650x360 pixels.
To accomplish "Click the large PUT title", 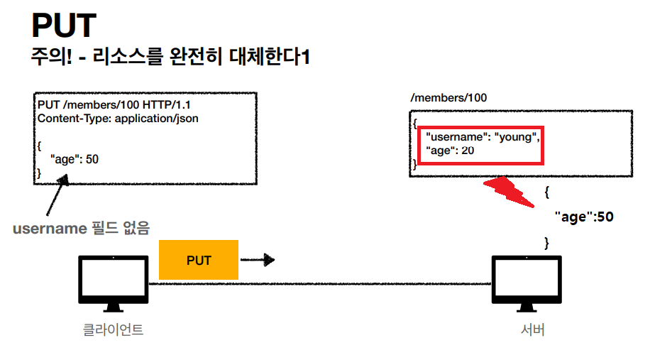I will click(63, 26).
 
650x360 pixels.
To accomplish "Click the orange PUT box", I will click(199, 260).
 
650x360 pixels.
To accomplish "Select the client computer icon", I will click(112, 283).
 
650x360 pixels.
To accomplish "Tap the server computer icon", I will click(526, 283).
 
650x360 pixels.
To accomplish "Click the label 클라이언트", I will click(112, 329).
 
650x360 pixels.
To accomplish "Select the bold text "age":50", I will click(583, 217).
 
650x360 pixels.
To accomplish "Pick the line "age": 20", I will click(450, 151).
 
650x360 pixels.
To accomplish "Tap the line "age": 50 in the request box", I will click(74, 159).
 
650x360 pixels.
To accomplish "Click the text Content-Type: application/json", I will click(118, 119).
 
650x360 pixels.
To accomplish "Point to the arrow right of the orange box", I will click(258, 260).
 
